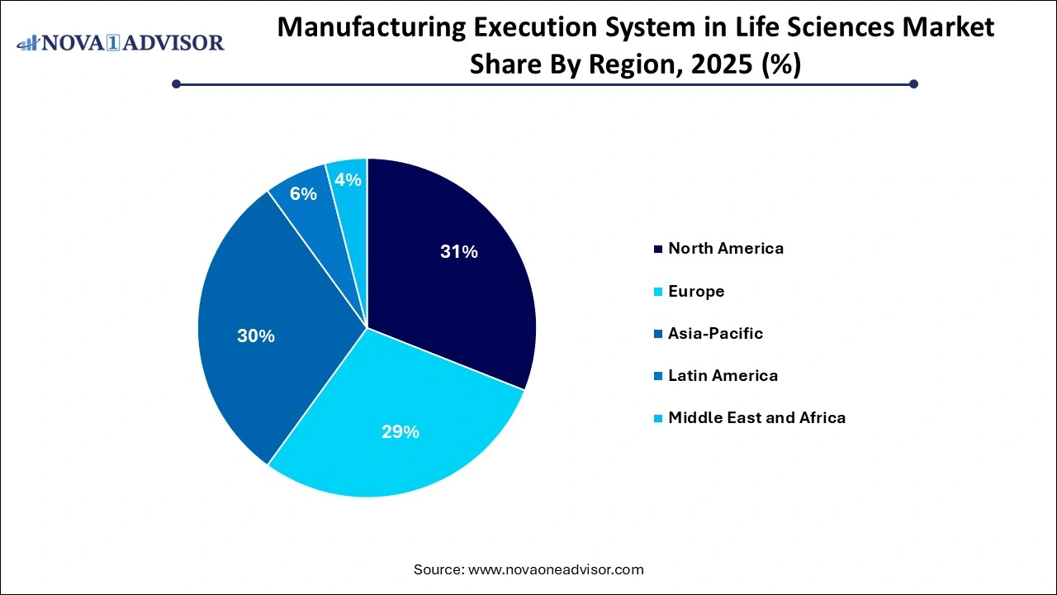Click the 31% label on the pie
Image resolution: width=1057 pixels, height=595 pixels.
coord(458,252)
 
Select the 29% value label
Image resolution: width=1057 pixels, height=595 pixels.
coord(400,431)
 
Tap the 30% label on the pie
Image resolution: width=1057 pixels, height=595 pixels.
coord(255,336)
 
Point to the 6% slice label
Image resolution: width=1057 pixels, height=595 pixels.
coord(303,193)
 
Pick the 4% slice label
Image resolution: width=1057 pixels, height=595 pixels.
coord(348,179)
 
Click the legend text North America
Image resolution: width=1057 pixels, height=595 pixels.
coord(726,248)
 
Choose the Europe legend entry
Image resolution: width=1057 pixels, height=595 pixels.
coord(696,291)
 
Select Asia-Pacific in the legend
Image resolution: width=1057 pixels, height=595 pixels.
coord(715,333)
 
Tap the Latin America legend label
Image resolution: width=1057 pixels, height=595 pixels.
coord(723,375)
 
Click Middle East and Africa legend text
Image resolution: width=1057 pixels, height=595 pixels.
coord(756,417)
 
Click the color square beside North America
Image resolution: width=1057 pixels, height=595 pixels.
coord(657,249)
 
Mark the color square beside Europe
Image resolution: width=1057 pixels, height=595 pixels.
coord(657,292)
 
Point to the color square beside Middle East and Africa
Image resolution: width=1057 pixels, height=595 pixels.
coord(657,418)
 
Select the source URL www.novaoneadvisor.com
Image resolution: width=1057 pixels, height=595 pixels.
coord(556,569)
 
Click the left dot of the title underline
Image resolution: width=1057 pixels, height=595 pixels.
coord(176,83)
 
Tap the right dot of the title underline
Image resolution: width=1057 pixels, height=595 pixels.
coord(913,83)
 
